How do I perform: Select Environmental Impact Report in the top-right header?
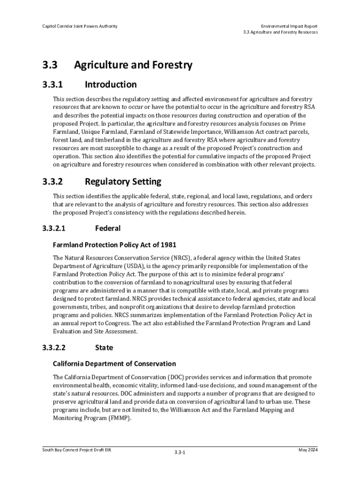point(289,26)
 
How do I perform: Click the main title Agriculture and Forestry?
point(133,65)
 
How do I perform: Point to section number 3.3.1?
point(52,85)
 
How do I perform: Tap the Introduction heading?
point(111,85)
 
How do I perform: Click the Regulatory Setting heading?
point(123,181)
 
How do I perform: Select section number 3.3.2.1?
point(54,228)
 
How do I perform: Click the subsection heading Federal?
point(108,228)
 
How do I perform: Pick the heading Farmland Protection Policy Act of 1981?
point(115,245)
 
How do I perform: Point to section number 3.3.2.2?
point(54,348)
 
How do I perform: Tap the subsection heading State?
point(104,348)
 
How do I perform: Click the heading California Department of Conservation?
point(115,363)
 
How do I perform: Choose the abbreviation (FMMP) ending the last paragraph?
point(120,419)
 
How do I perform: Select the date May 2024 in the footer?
point(308,450)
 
